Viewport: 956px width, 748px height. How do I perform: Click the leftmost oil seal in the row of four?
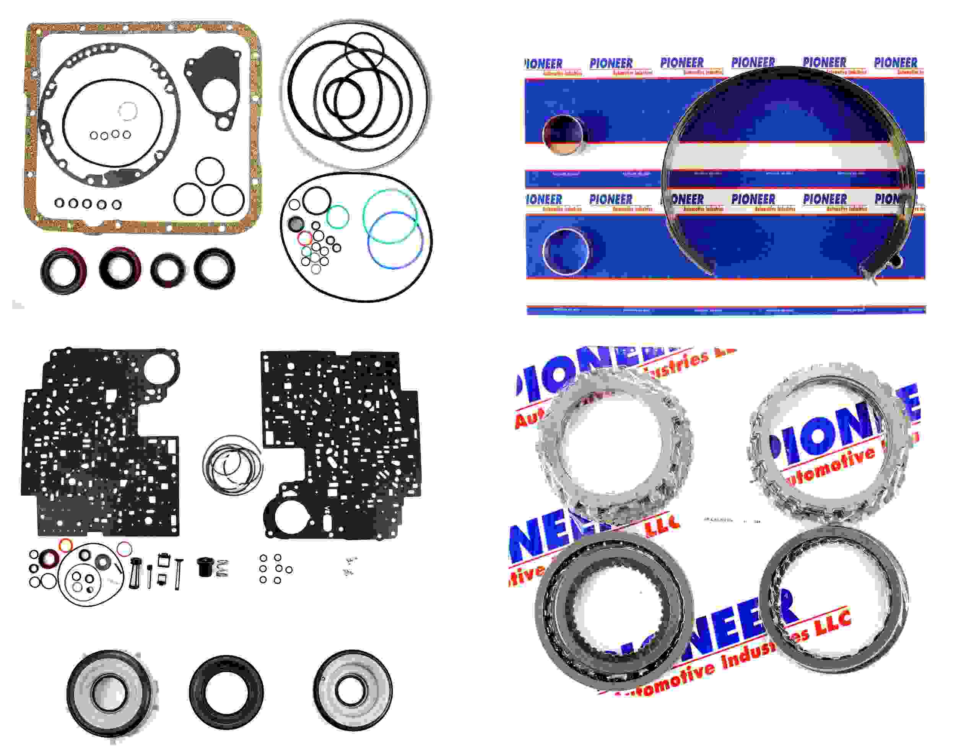63,272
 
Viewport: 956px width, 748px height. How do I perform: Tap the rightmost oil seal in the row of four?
214,268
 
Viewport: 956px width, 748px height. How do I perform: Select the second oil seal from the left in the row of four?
120,268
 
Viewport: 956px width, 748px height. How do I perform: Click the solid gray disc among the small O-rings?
296,224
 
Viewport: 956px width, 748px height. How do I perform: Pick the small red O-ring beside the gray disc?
305,239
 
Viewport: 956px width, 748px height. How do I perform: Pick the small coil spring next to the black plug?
223,568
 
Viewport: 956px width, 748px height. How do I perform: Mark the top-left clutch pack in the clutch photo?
613,447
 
